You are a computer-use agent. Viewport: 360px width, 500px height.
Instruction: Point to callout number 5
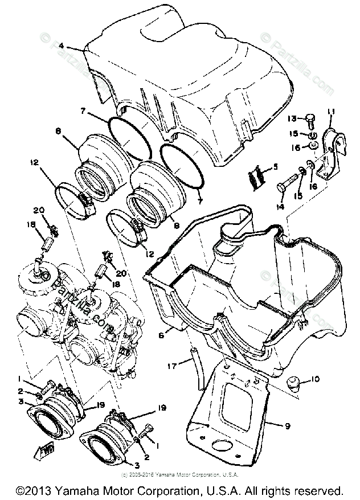tap(276, 167)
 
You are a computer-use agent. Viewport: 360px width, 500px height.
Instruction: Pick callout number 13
tap(291, 119)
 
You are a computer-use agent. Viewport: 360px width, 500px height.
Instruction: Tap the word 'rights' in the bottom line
tap(280, 489)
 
